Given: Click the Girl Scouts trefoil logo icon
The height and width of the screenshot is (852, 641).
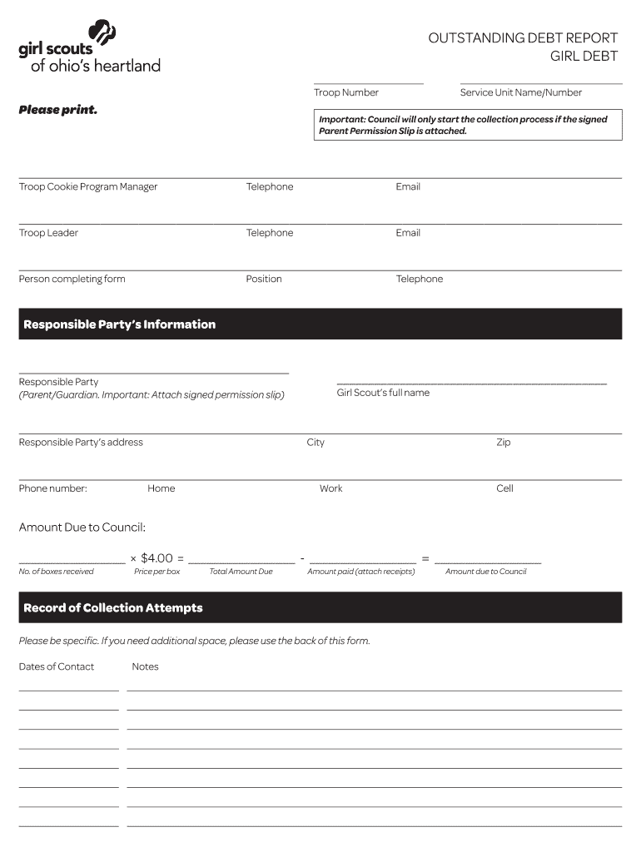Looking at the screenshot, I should (x=102, y=35).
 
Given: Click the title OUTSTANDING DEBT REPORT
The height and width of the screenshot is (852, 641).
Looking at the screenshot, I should (x=523, y=38).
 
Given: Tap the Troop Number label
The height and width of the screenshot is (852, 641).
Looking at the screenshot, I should (x=346, y=92).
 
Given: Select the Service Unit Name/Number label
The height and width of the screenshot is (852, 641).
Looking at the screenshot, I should (x=520, y=92).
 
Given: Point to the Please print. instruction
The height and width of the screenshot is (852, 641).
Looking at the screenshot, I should (x=58, y=110).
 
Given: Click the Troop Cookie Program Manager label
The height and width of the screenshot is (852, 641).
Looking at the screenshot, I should (x=88, y=186).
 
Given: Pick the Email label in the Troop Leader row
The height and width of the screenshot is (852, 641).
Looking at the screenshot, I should (x=408, y=233).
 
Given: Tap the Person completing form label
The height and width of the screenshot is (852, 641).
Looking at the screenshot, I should (x=72, y=279).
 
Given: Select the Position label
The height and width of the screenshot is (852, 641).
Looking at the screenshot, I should (x=264, y=279).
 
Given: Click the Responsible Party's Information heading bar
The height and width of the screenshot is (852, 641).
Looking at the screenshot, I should (x=320, y=324).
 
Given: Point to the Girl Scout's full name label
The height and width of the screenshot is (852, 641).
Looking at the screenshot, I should (x=383, y=393).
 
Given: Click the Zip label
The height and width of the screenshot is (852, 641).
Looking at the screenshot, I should (x=504, y=442).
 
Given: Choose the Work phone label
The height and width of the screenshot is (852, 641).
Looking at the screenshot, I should (x=330, y=488).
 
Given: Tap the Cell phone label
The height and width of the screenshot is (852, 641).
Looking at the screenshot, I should (x=504, y=488).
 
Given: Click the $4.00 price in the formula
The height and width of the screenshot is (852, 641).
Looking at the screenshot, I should (x=157, y=558).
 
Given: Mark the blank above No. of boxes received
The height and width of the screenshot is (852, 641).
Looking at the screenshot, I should (x=72, y=559).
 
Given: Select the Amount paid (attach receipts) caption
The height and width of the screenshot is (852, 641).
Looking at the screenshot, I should (x=360, y=572).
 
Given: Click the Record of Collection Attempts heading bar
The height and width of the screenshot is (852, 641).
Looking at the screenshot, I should (x=320, y=608).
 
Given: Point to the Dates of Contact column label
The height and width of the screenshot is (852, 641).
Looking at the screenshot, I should (x=57, y=666).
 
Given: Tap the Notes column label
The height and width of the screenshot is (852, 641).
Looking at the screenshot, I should (x=145, y=666).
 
